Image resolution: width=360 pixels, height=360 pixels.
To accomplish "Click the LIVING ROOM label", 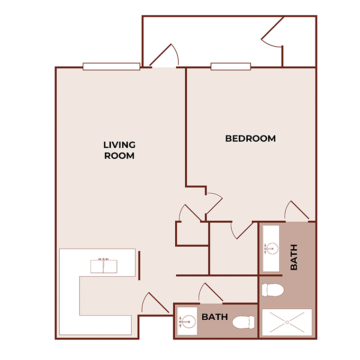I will [x=119, y=150].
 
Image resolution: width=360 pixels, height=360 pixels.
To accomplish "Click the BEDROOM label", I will [x=250, y=139].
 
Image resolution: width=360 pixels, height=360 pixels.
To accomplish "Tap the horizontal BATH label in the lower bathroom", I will [x=215, y=317].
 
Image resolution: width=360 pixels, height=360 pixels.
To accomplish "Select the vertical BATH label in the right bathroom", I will [x=294, y=257].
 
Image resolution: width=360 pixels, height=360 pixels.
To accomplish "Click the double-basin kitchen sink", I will [x=104, y=266].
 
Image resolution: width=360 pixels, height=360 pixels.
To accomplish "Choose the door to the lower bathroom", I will [x=210, y=294].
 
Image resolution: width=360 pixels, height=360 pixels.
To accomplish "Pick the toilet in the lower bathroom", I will [x=244, y=323].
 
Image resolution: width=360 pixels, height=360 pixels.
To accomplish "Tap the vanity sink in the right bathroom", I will [x=270, y=248].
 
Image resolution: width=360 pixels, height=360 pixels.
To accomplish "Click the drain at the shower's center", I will [x=287, y=322].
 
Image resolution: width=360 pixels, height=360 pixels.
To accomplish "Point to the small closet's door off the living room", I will [x=189, y=213].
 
